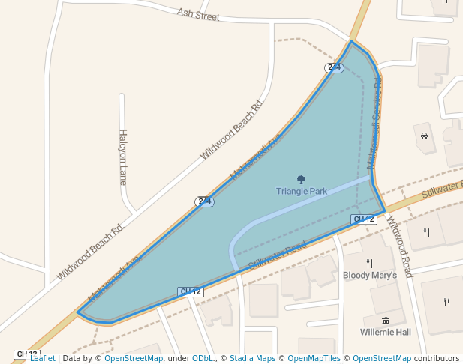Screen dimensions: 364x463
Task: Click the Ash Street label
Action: pos(198,14)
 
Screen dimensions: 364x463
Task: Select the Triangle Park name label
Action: pos(302,192)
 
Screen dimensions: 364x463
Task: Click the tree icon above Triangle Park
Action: pos(301,179)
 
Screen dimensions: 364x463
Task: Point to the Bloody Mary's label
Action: pos(369,276)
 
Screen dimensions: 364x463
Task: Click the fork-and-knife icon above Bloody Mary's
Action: pos(369,263)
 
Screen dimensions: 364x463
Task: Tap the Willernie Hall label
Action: pos(386,332)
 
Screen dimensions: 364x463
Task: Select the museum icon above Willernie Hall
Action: pos(386,321)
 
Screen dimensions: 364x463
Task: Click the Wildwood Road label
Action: pos(400,247)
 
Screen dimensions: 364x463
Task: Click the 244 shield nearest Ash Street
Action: pos(334,67)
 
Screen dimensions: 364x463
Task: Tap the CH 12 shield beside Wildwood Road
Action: pos(363,219)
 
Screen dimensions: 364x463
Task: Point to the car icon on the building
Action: pos(424,136)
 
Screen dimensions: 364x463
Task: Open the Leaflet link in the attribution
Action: pos(42,359)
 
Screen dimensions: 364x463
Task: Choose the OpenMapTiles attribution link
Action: pos(310,359)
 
